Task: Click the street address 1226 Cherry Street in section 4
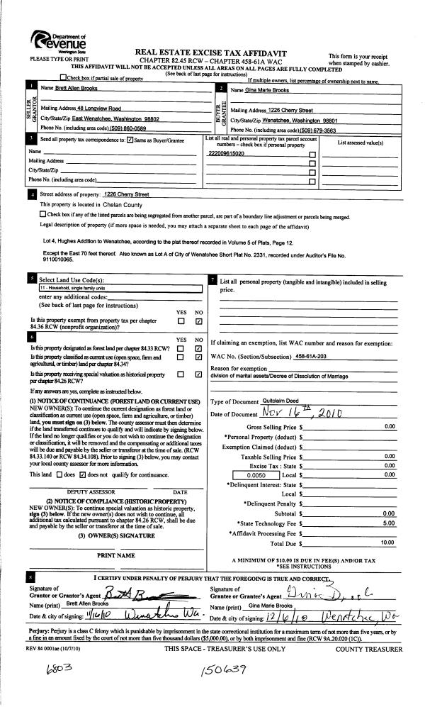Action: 125,194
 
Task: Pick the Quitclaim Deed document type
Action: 280,401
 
